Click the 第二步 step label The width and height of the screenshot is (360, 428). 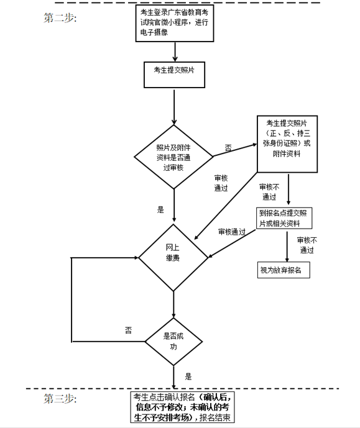(60, 18)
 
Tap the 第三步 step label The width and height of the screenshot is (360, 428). (60, 399)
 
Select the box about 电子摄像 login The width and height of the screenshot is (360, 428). (175, 23)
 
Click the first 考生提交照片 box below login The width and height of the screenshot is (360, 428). (174, 75)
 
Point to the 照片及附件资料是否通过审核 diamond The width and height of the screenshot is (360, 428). (173, 157)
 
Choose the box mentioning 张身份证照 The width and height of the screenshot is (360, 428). (287, 144)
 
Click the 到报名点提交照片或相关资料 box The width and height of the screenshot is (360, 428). (284, 218)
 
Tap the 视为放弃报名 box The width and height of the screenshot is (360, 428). (284, 270)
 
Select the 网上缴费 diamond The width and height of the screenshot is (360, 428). (173, 257)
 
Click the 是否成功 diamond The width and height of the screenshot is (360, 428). (173, 342)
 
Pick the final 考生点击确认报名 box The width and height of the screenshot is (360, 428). (182, 407)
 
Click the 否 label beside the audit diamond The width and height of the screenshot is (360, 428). (228, 148)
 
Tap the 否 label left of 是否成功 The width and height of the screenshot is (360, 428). (128, 330)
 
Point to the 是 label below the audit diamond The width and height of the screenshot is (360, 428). (160, 209)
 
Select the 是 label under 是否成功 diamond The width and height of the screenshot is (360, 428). (188, 376)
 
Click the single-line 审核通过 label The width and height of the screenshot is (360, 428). (232, 232)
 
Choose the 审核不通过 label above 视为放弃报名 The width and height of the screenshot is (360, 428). (307, 245)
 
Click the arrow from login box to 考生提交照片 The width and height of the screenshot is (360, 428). (175, 52)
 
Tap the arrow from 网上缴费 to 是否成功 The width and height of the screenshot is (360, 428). (173, 304)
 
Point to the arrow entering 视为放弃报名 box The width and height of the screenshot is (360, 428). (287, 247)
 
